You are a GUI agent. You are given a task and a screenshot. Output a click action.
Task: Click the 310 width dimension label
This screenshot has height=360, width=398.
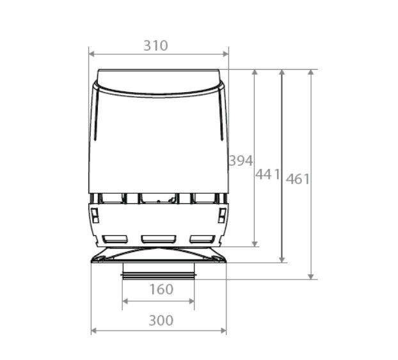coord(155,46)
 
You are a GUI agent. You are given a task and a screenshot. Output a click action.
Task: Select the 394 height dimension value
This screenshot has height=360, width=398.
coord(241,160)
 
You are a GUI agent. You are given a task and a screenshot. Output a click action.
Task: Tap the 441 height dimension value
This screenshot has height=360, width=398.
coord(268,174)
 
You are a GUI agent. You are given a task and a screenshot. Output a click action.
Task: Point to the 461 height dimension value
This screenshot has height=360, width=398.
coord(298,179)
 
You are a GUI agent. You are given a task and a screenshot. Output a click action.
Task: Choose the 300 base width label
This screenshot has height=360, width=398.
coord(160,320)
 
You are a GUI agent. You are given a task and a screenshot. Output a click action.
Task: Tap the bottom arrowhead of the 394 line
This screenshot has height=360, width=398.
coord(255,243)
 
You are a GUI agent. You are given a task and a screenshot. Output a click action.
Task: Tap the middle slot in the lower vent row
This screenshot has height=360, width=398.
coord(157,239)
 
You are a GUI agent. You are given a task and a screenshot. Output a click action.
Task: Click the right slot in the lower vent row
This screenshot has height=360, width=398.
coord(201,239)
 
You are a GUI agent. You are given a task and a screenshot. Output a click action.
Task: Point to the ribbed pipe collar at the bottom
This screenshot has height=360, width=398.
coord(158,276)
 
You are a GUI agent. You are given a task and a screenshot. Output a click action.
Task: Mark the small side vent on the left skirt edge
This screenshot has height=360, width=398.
coord(95,215)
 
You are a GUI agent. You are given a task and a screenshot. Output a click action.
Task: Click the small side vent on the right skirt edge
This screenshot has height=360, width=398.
coord(222,215)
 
